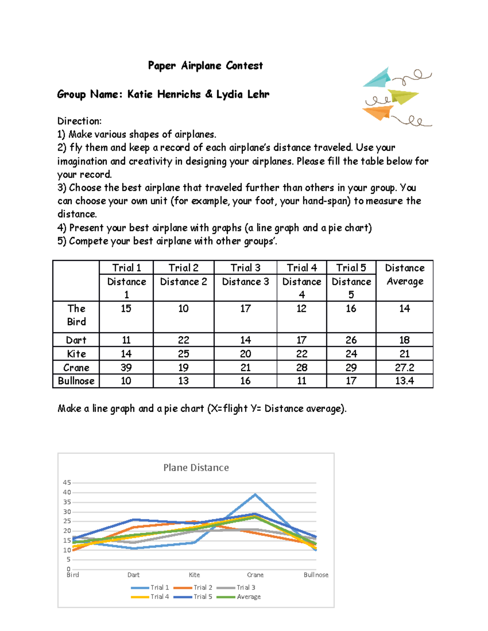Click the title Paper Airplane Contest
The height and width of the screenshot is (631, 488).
point(205,65)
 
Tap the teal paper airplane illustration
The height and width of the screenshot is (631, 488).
point(377,78)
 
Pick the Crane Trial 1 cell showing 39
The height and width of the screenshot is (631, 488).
point(126,367)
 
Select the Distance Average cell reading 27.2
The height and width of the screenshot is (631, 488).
point(404,367)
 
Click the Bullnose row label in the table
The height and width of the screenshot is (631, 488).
point(76,381)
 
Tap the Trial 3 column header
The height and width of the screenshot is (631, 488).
point(245,268)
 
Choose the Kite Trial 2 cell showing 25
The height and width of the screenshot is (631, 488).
point(183,353)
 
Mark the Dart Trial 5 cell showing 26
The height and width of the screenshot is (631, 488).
point(351,340)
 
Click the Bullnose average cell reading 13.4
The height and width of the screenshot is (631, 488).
point(404,381)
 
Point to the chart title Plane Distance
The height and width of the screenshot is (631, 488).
point(196,468)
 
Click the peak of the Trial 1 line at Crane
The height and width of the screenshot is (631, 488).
point(255,494)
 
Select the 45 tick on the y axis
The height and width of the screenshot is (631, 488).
point(67,483)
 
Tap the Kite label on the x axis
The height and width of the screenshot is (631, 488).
point(194,575)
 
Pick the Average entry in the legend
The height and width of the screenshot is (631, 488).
point(248,596)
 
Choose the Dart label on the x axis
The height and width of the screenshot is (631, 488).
point(133,575)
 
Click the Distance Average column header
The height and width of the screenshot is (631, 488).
point(404,275)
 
